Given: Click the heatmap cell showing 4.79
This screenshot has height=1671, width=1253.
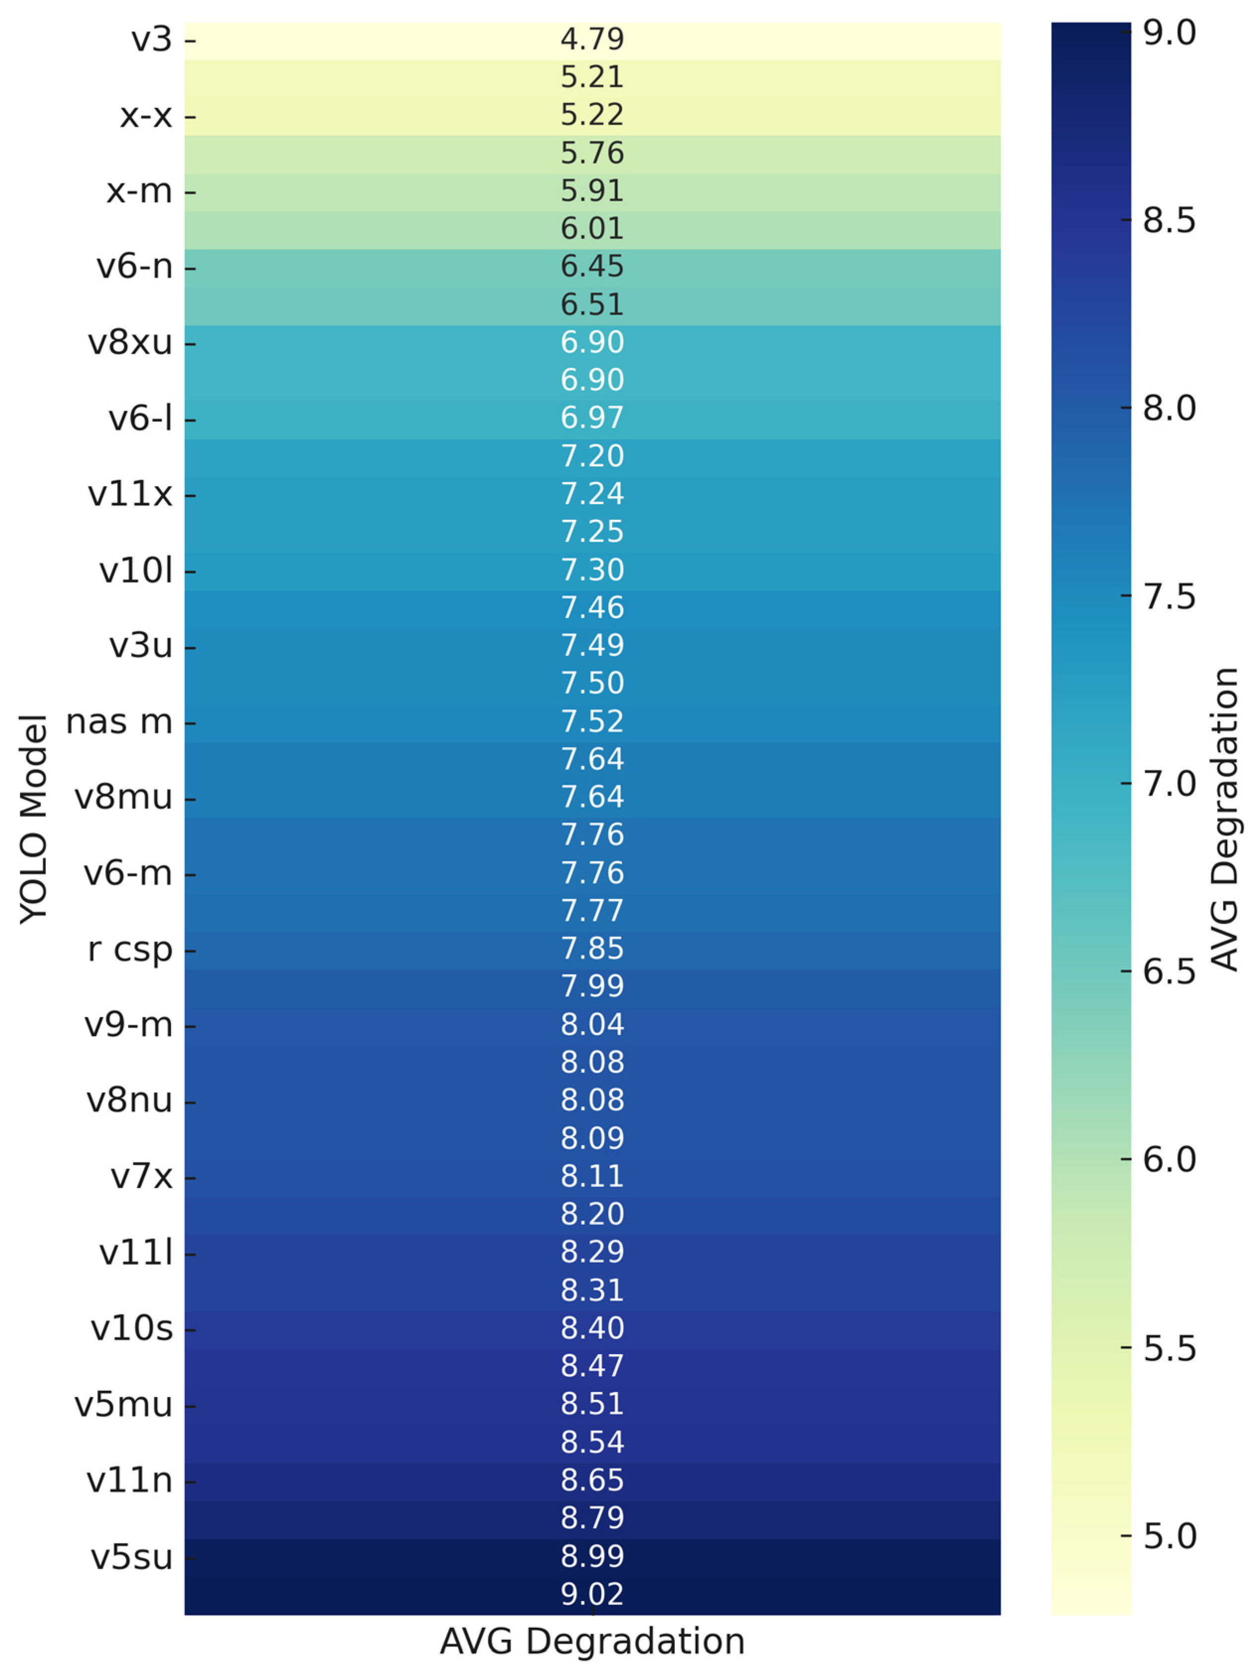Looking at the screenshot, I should click(x=592, y=39).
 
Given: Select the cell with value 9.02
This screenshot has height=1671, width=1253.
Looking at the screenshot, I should click(x=592, y=1594).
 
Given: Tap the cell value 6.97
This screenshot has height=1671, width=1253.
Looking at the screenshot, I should click(x=592, y=418).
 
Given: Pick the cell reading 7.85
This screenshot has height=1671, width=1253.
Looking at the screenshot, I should click(x=592, y=948).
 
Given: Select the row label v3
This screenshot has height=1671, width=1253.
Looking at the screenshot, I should click(x=152, y=39).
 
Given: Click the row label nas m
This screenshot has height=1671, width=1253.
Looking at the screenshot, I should click(x=119, y=722).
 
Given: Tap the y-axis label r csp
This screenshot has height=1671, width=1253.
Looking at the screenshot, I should click(x=130, y=949).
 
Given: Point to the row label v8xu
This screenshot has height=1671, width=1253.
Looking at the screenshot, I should click(x=130, y=343).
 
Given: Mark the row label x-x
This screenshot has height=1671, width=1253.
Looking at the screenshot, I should click(x=146, y=116).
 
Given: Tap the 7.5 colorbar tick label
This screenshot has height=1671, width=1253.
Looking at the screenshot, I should click(x=1169, y=597).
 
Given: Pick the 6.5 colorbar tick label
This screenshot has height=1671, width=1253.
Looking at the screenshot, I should click(x=1169, y=971).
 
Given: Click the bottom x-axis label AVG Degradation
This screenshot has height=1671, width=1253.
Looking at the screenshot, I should click(x=592, y=1641).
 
